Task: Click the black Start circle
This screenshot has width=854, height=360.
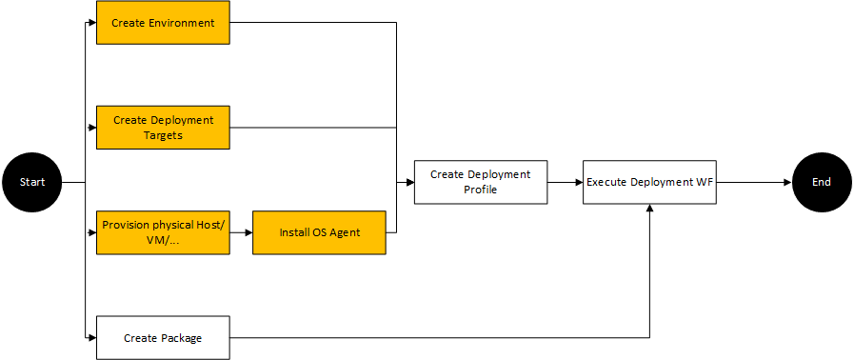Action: [32, 181]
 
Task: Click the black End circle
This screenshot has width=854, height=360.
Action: [821, 181]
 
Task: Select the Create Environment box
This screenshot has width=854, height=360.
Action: [163, 22]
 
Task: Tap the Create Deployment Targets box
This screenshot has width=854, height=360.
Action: [163, 128]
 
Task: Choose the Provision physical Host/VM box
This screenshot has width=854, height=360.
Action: [163, 232]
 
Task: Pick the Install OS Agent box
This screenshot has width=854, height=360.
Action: [319, 232]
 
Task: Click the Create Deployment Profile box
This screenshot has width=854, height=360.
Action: [480, 181]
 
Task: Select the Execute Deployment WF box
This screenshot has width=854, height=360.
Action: [650, 181]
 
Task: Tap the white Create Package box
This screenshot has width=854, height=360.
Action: [163, 338]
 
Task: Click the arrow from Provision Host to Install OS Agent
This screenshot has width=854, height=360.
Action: [241, 232]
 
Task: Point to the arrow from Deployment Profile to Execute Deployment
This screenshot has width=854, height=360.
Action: [566, 181]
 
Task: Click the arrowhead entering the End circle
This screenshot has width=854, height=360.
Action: [787, 181]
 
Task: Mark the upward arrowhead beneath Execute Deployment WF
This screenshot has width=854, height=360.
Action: [650, 209]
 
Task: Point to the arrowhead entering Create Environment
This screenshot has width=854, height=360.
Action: [92, 22]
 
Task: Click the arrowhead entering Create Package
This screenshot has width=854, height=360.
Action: [92, 338]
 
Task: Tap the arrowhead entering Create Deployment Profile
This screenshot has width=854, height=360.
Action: [409, 181]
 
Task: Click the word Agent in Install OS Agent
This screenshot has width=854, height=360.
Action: [345, 232]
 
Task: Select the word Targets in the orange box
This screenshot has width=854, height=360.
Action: [163, 135]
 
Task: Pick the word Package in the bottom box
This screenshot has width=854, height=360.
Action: [182, 338]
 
